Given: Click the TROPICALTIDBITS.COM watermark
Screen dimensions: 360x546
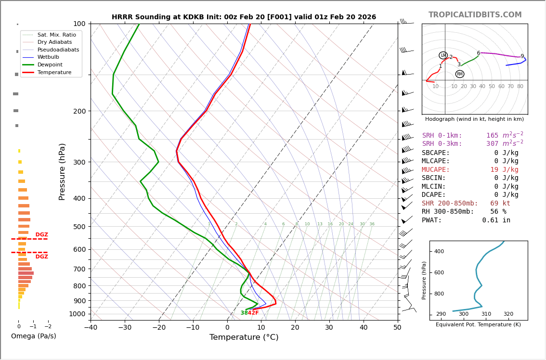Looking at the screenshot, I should pyautogui.click(x=475, y=15).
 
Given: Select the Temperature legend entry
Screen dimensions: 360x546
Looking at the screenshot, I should pyautogui.click(x=54, y=72).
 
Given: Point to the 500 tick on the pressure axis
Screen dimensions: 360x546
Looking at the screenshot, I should pyautogui.click(x=79, y=227).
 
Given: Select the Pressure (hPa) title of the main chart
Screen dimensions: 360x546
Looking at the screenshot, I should pyautogui.click(x=63, y=171).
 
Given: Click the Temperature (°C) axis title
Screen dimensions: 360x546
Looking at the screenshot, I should pyautogui.click(x=244, y=338).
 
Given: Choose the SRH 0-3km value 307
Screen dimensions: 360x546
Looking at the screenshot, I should pyautogui.click(x=493, y=144).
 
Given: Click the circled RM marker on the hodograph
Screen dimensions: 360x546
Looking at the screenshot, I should pyautogui.click(x=460, y=74).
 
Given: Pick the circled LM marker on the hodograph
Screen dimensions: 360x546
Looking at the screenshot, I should pyautogui.click(x=443, y=55).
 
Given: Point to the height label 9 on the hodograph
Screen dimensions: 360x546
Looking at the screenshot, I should pyautogui.click(x=522, y=56).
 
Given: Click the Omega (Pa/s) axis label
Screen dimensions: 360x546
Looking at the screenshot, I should pyautogui.click(x=34, y=336).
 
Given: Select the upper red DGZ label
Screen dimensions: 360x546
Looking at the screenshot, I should pyautogui.click(x=41, y=235).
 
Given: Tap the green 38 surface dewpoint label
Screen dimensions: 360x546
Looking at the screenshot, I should pyautogui.click(x=244, y=313).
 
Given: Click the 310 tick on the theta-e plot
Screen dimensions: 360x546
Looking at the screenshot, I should pyautogui.click(x=486, y=314).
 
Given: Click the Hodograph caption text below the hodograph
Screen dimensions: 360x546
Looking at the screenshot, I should pyautogui.click(x=474, y=119).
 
